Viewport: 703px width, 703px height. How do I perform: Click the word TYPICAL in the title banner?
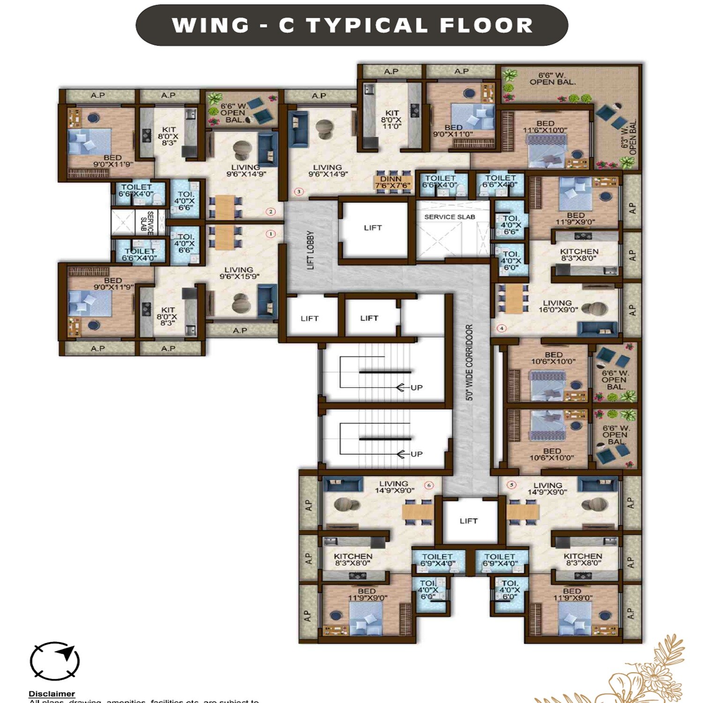pos(367,25)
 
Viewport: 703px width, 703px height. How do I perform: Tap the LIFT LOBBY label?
pos(310,250)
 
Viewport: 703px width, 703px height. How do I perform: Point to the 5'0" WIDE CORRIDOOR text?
pos(469,362)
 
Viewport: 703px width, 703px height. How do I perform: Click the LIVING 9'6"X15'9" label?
pos(239,273)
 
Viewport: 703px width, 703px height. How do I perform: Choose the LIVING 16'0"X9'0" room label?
pos(558,307)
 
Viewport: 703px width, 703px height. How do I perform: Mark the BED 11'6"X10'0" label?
pos(545,127)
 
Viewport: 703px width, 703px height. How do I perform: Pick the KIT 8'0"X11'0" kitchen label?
pos(391,120)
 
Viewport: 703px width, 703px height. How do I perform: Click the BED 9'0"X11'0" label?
pos(453,131)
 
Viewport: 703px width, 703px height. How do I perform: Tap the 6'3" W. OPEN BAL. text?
pos(629,137)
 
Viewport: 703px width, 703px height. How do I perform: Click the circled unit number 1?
pos(270,234)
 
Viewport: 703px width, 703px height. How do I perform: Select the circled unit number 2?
pos(270,211)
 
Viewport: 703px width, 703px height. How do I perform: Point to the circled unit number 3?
pos(299,191)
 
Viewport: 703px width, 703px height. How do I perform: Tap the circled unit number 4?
pos(501,328)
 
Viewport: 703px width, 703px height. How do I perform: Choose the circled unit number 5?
pos(511,485)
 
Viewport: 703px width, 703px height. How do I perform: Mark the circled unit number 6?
pos(428,485)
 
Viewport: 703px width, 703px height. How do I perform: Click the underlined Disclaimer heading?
pos(52,694)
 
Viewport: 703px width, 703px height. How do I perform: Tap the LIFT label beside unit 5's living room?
pos(469,521)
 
